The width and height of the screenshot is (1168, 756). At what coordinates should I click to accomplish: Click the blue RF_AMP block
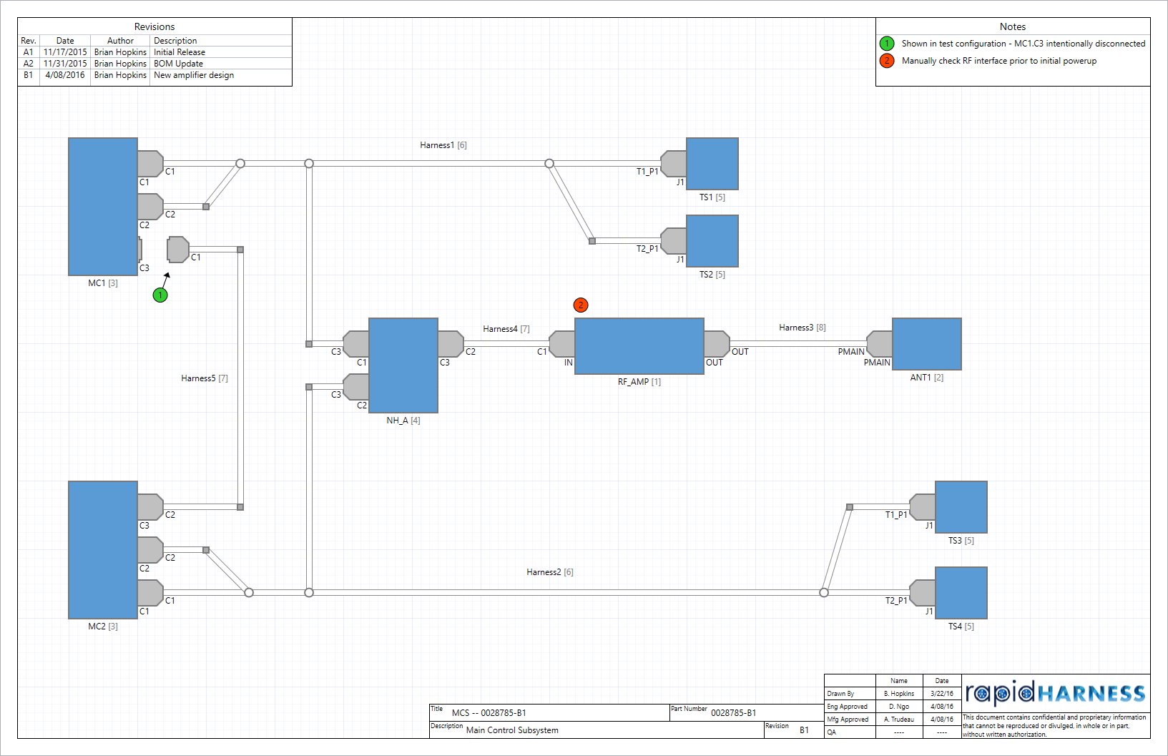click(639, 346)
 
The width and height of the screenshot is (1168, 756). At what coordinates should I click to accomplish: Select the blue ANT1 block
click(926, 344)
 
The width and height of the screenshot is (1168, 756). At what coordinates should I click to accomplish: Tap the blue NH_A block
click(403, 365)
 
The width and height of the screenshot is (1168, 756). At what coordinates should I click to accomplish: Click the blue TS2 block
click(712, 241)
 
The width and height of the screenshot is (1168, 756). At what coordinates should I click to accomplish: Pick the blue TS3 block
click(961, 507)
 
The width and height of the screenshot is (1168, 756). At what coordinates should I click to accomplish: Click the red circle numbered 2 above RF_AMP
click(581, 305)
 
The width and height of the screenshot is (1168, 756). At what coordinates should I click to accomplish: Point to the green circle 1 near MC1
click(160, 295)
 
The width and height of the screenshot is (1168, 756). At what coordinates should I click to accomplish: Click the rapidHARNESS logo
click(1055, 693)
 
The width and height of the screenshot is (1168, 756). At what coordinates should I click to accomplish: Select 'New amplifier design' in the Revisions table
click(194, 75)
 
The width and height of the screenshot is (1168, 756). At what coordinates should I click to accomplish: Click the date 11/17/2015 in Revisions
click(65, 52)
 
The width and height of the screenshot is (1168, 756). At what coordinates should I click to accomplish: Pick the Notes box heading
click(1012, 26)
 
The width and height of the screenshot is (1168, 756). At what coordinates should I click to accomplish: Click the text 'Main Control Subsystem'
click(512, 730)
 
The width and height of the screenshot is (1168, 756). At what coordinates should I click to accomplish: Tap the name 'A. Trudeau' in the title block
click(898, 720)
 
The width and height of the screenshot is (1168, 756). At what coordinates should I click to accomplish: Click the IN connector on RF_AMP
click(562, 344)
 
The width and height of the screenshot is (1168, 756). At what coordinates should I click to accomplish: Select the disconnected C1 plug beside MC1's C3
click(178, 250)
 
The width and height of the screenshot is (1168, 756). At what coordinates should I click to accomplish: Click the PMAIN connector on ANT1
click(880, 344)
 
